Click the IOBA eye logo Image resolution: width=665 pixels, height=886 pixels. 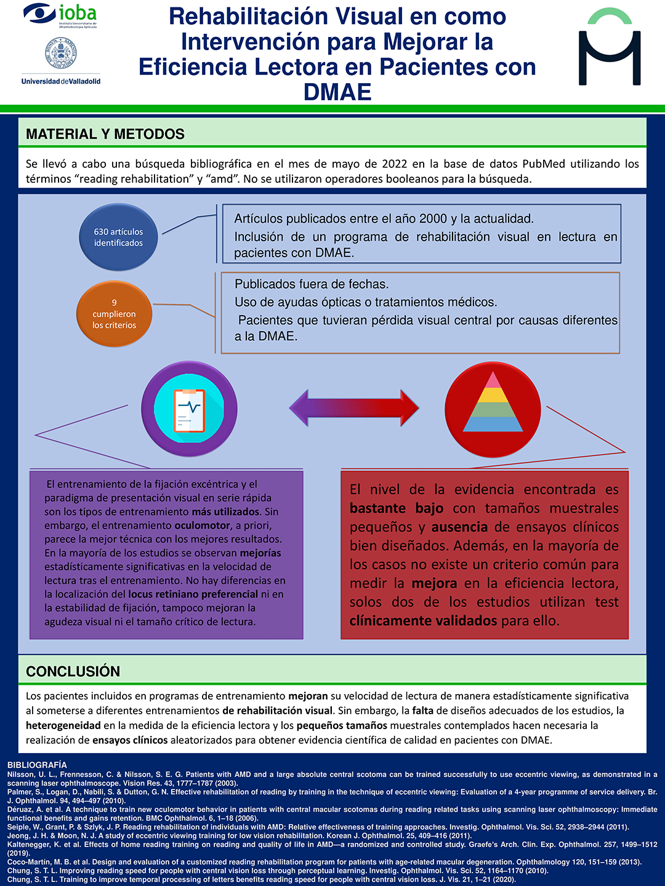tap(40, 14)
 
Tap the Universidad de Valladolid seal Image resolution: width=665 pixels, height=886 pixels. tap(60, 54)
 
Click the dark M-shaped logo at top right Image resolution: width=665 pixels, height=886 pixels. tap(610, 48)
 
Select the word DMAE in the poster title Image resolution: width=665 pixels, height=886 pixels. tap(337, 92)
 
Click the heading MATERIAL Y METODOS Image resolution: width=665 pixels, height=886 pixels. tap(105, 134)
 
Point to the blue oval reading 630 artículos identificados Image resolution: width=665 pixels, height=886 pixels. tap(118, 237)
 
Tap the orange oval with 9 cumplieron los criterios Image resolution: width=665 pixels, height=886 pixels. tap(115, 314)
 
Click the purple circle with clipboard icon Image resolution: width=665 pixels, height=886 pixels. tap(190, 409)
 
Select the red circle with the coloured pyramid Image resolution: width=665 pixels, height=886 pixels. tap(493, 409)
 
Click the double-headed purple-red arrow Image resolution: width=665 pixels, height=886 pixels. tap(354, 408)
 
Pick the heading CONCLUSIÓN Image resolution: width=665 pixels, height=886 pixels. tap(73, 671)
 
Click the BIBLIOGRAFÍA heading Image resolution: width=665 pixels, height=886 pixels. tap(37, 765)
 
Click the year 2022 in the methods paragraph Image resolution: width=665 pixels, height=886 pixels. tap(394, 164)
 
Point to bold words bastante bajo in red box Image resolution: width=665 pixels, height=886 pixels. tap(396, 508)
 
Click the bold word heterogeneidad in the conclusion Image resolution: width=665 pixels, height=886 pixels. tap(63, 725)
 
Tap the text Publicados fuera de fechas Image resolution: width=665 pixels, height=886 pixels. tap(312, 284)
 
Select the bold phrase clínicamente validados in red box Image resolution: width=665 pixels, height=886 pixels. tap(423, 621)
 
